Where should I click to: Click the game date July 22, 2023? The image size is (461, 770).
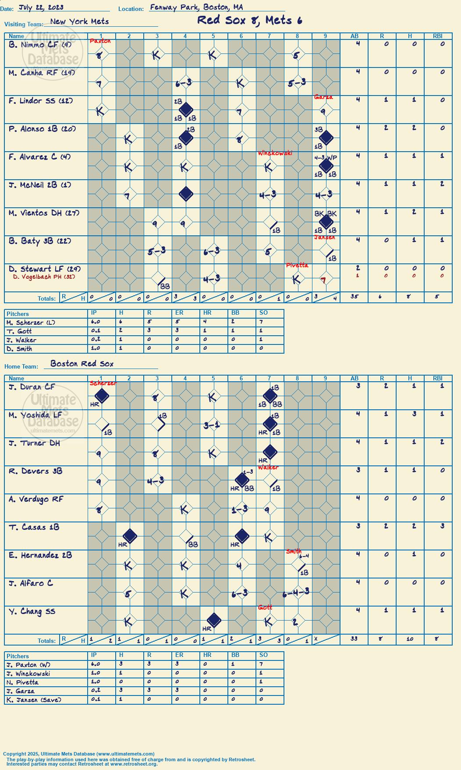pyautogui.click(x=41, y=7)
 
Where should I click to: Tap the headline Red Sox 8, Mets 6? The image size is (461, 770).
pyautogui.click(x=249, y=20)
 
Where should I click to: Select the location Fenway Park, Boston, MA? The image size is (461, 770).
pyautogui.click(x=196, y=7)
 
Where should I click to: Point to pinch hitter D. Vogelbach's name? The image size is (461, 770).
pyautogui.click(x=44, y=277)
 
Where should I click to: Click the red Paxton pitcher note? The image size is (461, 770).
pyautogui.click(x=100, y=41)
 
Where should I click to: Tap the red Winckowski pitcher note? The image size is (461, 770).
pyautogui.click(x=275, y=153)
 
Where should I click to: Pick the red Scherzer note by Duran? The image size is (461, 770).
pyautogui.click(x=103, y=383)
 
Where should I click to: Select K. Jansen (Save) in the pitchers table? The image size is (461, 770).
pyautogui.click(x=34, y=700)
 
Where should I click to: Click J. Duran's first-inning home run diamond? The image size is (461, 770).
pyautogui.click(x=102, y=396)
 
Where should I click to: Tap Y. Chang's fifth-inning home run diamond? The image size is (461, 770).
pyautogui.click(x=214, y=621)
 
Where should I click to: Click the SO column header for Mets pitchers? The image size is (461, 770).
pyautogui.click(x=263, y=312)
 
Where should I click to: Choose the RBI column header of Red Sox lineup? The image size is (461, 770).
pyautogui.click(x=438, y=378)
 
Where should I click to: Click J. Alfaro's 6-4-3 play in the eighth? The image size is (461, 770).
pyautogui.click(x=296, y=593)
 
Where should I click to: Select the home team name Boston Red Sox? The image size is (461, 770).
pyautogui.click(x=82, y=364)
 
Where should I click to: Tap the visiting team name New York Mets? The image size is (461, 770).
pyautogui.click(x=79, y=21)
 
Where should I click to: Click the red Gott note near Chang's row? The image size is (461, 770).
pyautogui.click(x=265, y=607)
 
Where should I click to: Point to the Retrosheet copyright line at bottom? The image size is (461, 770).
pyautogui.click(x=131, y=760)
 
